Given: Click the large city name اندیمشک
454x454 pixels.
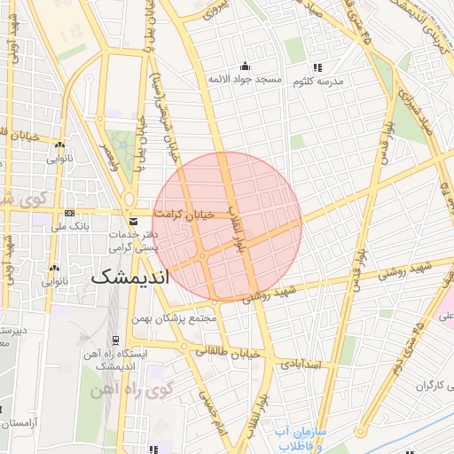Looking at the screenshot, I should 129,277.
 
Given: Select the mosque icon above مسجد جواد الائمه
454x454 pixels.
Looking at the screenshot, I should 245,67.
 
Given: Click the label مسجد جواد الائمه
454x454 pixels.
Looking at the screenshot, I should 245,80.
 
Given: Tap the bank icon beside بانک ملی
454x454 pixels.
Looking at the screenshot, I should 69,214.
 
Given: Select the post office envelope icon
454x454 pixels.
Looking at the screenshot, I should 133,221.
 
